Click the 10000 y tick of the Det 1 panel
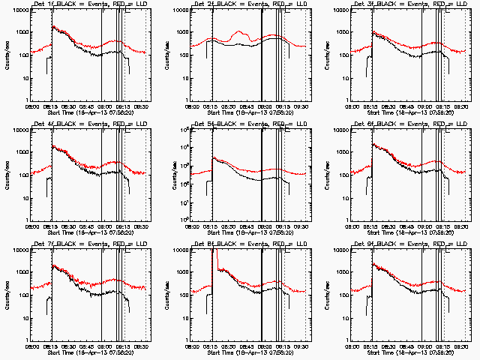pyautogui.click(x=18, y=10)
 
